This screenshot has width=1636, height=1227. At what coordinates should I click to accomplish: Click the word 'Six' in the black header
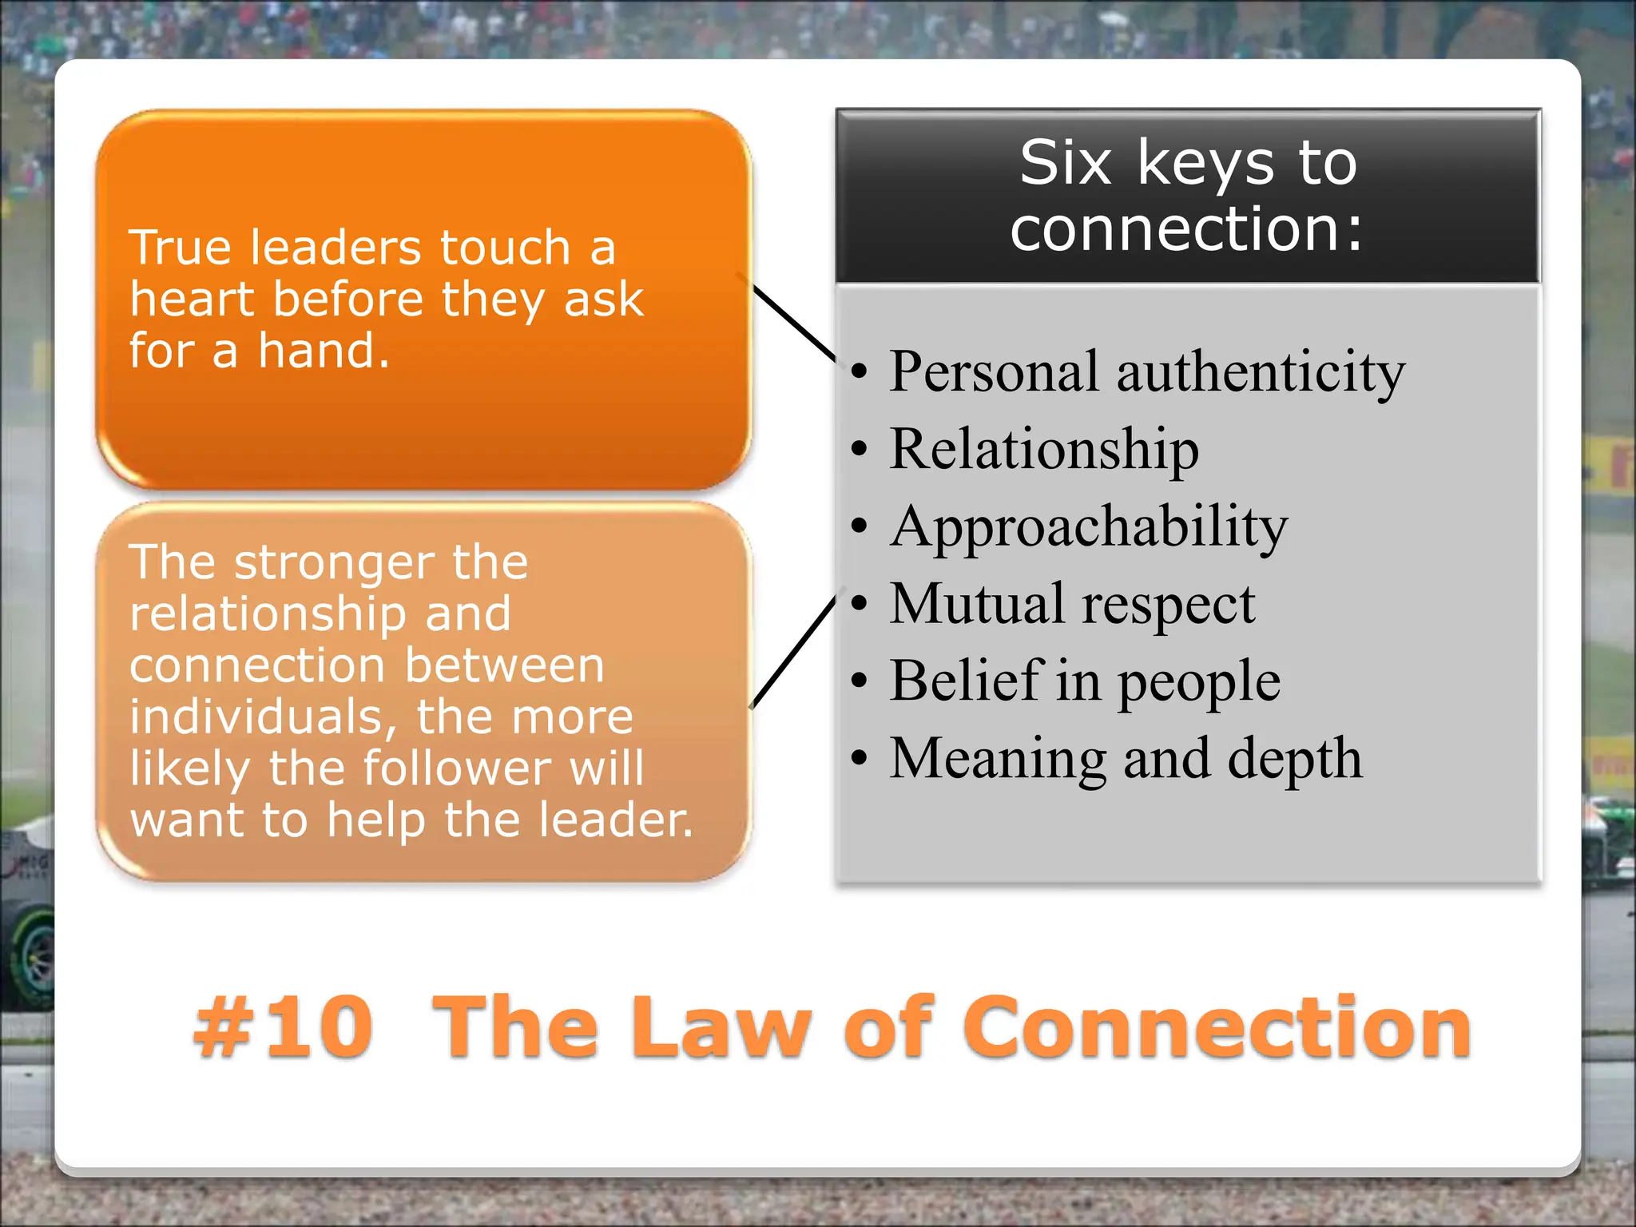tap(1065, 163)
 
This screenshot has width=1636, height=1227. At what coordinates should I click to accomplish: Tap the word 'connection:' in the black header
tap(1186, 229)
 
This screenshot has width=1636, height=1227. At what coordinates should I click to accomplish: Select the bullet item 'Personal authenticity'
tap(1147, 371)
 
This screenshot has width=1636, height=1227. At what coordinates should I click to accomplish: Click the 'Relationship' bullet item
tap(1044, 449)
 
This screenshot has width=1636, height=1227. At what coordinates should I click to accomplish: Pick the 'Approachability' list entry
tap(1089, 526)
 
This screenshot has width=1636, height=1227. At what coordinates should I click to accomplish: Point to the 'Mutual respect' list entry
tap(1072, 604)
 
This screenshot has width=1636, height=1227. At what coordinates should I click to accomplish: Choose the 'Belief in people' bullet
tap(1085, 681)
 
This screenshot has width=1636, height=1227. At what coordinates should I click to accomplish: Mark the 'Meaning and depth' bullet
tap(1126, 758)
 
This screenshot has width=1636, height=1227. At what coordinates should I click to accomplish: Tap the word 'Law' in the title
tap(724, 1028)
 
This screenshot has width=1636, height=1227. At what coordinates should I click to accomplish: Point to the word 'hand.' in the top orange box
tap(324, 351)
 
